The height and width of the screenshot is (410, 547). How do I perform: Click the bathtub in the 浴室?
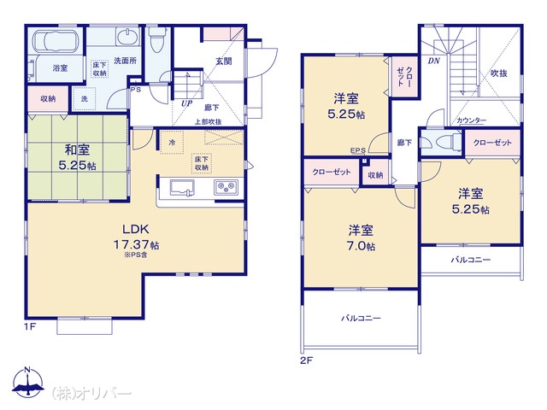tap(56, 41)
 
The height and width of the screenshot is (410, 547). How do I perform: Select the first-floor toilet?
tap(155, 39)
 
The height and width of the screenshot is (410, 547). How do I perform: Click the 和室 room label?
tap(77, 150)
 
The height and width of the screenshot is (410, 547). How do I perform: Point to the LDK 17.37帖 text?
tap(136, 237)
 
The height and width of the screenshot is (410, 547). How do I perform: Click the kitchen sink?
tap(182, 188)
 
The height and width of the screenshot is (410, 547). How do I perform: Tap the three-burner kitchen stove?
tap(226, 188)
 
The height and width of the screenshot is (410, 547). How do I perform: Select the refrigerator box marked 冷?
tap(172, 143)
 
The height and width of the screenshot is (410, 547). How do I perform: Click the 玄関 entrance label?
tap(224, 61)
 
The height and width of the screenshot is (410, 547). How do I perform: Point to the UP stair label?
tap(187, 103)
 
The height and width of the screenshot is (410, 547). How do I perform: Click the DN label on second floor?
tap(433, 61)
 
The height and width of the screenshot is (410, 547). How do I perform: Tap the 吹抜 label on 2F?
tap(498, 73)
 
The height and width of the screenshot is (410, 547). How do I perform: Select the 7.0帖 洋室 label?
tap(361, 237)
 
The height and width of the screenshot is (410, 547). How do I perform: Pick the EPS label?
tap(358, 150)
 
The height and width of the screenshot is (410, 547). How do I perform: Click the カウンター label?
tap(471, 120)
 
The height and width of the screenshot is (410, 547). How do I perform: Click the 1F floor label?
tap(31, 326)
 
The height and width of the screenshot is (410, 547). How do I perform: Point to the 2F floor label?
tap(306, 360)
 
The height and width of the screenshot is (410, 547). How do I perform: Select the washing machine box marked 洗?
tap(84, 99)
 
